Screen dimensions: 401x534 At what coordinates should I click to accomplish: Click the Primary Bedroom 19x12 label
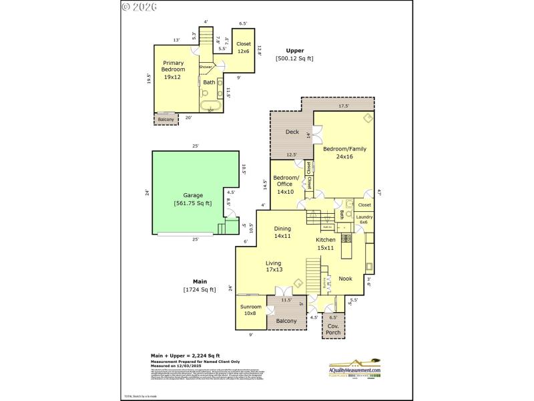point(172,70)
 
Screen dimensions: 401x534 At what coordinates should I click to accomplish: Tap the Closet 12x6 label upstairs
point(243,47)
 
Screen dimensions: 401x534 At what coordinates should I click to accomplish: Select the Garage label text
point(193,196)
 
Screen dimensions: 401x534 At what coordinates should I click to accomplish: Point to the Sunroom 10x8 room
point(251,310)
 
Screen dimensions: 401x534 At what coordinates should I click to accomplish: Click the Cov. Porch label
point(333,328)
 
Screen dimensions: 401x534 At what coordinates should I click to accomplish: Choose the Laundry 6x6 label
point(364,219)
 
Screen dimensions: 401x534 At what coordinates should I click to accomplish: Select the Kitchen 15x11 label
point(325,243)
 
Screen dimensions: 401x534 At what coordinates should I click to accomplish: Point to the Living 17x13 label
point(274,267)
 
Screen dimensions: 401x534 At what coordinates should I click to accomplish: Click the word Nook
point(345,279)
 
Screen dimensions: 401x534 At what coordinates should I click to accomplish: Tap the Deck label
point(292,132)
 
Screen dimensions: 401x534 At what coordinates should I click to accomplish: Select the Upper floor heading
point(294,50)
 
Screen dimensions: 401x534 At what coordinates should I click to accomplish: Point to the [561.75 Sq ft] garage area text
point(193,203)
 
